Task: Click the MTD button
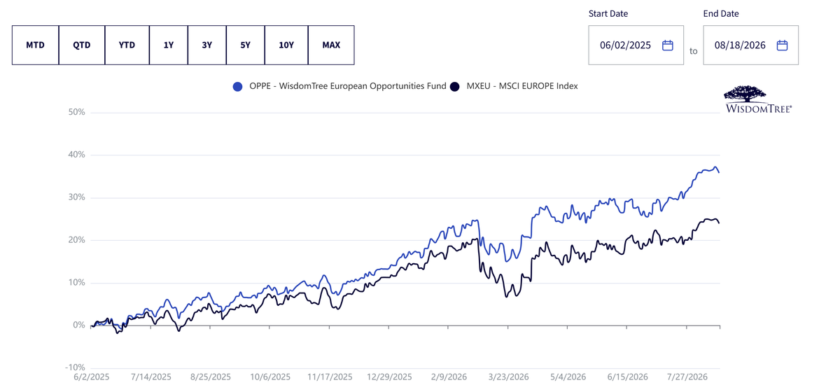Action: [35, 45]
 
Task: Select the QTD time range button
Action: [82, 45]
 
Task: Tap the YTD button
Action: [127, 45]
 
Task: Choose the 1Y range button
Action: [169, 45]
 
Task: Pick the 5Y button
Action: [245, 45]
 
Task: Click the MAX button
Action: [331, 45]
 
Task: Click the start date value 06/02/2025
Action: [625, 45]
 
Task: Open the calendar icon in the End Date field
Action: [782, 45]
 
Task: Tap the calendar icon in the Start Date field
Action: [668, 45]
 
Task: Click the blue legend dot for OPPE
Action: [237, 87]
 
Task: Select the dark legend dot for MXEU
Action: [454, 87]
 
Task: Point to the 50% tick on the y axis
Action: [76, 112]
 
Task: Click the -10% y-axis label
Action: [75, 367]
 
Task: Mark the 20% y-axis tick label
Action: [76, 240]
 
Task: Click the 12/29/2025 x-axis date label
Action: [389, 377]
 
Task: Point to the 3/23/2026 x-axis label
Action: [508, 377]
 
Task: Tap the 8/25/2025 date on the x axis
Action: [211, 377]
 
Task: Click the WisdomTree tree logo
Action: [758, 99]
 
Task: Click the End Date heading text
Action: [721, 13]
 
